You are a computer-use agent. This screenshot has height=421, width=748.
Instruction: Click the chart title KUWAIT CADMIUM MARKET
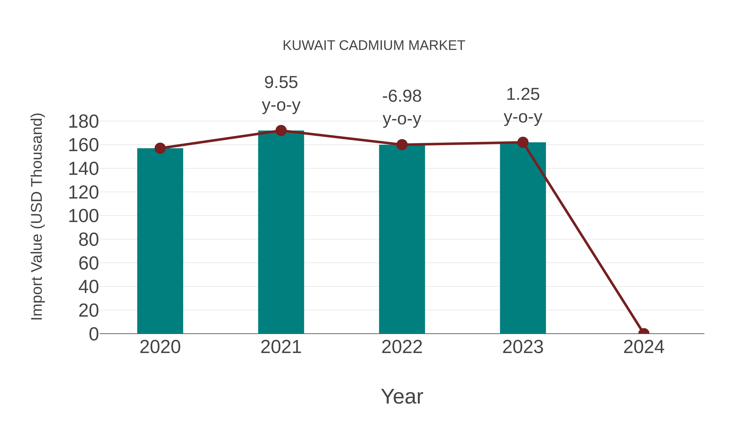tap(374, 46)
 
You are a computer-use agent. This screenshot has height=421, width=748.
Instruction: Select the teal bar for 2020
tap(160, 241)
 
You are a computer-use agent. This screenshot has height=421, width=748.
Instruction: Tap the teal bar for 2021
tap(281, 232)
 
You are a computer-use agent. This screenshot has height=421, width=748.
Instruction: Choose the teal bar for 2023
tap(523, 238)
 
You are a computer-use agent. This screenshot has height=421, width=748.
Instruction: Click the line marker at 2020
tap(160, 148)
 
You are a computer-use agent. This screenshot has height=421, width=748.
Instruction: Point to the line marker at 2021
tap(281, 131)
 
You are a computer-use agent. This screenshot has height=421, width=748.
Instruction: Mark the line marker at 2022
tap(402, 144)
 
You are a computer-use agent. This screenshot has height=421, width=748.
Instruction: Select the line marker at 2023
tap(523, 142)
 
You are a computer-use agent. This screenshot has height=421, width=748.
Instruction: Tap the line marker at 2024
tap(644, 333)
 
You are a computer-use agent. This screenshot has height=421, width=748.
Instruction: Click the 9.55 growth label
tap(281, 83)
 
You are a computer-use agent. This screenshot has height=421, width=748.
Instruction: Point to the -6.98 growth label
tap(402, 96)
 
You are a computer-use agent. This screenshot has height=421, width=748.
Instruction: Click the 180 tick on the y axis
tap(83, 121)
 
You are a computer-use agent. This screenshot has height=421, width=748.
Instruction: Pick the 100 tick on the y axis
tap(83, 216)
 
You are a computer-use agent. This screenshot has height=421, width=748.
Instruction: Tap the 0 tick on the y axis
tap(93, 334)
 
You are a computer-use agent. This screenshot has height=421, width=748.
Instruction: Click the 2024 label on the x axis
tap(644, 347)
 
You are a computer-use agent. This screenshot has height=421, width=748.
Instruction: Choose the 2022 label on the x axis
tap(402, 347)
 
